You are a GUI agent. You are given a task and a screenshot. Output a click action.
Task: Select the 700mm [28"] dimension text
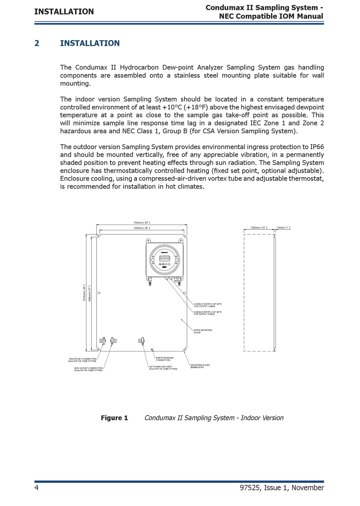pyautogui.click(x=141, y=228)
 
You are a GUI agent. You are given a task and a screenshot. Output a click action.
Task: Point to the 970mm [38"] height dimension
pyautogui.click(x=84, y=293)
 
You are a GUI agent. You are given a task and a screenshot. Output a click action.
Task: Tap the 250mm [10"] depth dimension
pyautogui.click(x=259, y=228)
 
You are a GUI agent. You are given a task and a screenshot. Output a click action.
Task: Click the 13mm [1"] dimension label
pyautogui.click(x=283, y=228)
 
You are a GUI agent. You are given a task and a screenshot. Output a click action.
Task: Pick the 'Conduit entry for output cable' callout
pyautogui.click(x=208, y=305)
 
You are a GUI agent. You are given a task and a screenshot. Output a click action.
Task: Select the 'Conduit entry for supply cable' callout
pyautogui.click(x=208, y=313)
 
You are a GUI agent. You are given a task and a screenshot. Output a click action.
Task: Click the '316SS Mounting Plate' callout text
pyautogui.click(x=203, y=331)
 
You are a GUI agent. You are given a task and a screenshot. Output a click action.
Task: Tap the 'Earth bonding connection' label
pyautogui.click(x=164, y=359)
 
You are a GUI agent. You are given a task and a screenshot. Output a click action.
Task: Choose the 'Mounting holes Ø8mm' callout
pyautogui.click(x=200, y=366)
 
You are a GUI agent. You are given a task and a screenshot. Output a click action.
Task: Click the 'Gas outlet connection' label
pyautogui.click(x=88, y=369)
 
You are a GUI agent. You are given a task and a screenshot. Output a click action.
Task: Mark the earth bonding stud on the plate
pyautogui.click(x=152, y=350)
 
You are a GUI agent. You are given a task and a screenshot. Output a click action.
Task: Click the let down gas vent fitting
pyautogui.click(x=141, y=341)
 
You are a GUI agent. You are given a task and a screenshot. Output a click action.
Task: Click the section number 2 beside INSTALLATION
pyautogui.click(x=37, y=43)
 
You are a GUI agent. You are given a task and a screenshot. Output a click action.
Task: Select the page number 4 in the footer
pyautogui.click(x=36, y=487)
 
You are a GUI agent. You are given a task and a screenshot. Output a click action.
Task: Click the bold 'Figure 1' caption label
pyautogui.click(x=114, y=418)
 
